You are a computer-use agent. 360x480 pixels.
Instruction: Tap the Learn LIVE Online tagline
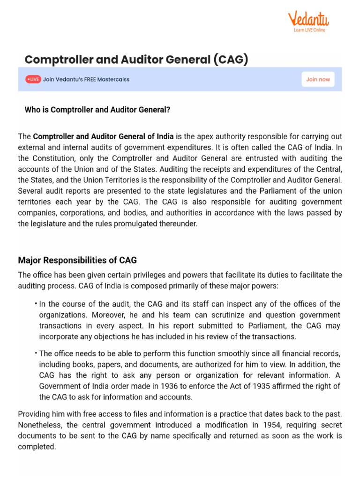point(309,30)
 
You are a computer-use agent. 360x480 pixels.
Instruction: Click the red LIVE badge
point(33,79)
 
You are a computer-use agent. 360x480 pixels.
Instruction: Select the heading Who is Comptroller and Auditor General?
point(97,110)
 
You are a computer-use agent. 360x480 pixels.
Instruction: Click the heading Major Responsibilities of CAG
point(77,260)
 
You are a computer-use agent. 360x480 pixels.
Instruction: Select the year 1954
point(271,425)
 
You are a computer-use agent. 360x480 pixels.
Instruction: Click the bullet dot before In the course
point(36,304)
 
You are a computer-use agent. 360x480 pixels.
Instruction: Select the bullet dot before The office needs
point(36,353)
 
